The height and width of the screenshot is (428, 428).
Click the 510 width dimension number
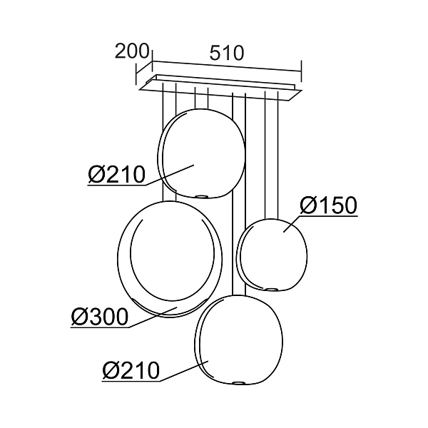(226, 53)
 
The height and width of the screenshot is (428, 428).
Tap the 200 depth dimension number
(132, 51)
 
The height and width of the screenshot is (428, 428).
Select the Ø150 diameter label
(328, 205)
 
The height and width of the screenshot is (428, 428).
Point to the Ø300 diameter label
(100, 317)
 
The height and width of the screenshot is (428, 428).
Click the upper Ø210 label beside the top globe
(116, 175)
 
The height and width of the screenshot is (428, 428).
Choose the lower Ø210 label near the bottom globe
(131, 370)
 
